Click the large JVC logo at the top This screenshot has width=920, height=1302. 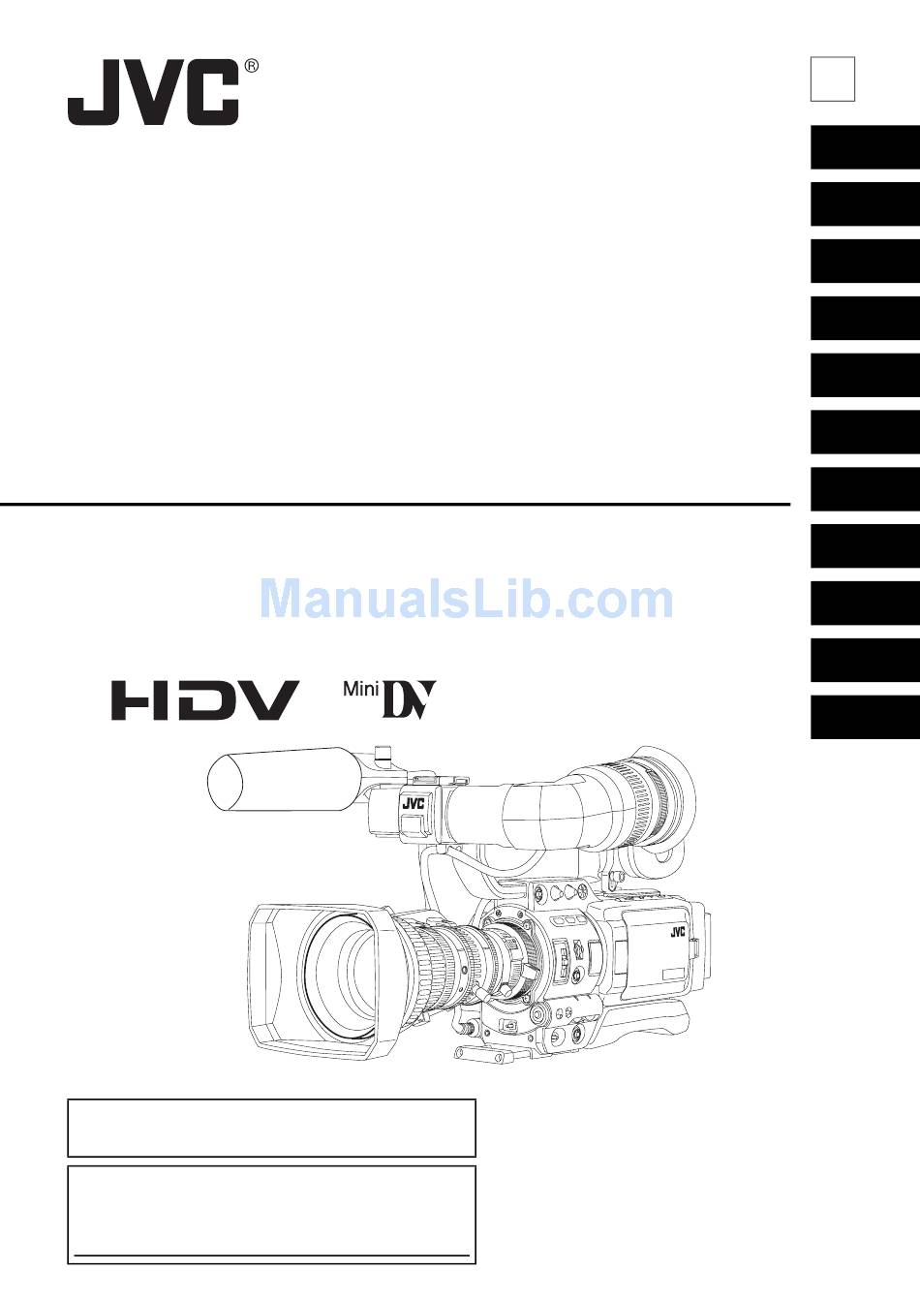coord(153,94)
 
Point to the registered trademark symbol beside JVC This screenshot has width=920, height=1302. coord(252,66)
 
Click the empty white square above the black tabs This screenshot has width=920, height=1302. coord(832,78)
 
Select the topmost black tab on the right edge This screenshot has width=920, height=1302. coord(864,148)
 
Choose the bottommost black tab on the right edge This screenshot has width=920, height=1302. coord(864,718)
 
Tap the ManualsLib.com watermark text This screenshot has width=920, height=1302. coord(466,600)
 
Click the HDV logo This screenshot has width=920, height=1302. coord(204,699)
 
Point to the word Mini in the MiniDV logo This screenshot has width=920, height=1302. coord(361,690)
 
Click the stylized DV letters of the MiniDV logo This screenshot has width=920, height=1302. coord(409,699)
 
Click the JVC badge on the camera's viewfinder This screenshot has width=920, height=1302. coord(413,803)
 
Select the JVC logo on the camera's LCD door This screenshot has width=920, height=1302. coord(677,933)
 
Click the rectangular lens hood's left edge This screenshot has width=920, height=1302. coord(254,978)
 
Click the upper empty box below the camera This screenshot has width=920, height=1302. coord(271,1128)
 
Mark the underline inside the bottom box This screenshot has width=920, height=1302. coord(271,1256)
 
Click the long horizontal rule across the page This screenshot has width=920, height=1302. coord(395,504)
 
